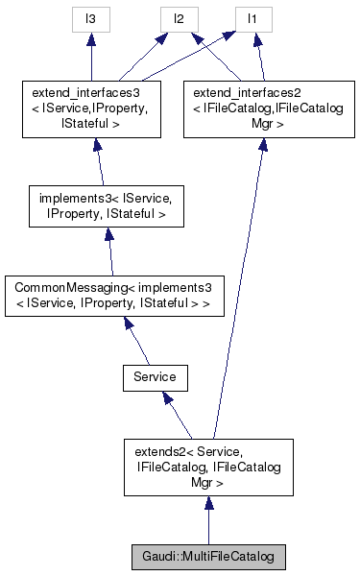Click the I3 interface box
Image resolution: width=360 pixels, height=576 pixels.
(x=91, y=17)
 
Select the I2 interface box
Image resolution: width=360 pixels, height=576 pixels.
(x=178, y=17)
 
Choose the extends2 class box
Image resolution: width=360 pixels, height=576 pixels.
(x=208, y=467)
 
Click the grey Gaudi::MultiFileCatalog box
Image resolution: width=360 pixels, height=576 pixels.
(x=208, y=556)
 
